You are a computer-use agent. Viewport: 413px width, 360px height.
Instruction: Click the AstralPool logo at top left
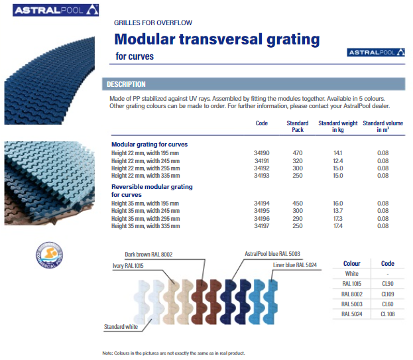(56, 10)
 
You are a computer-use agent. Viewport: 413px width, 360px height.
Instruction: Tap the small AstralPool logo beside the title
(376, 52)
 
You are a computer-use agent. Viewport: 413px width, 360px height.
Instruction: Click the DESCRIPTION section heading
(126, 84)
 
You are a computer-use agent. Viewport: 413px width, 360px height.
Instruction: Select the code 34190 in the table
(262, 153)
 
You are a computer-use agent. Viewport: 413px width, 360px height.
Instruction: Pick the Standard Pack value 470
(298, 153)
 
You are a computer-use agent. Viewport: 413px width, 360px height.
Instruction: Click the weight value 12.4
(337, 161)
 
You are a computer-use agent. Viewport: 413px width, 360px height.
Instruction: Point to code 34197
(262, 226)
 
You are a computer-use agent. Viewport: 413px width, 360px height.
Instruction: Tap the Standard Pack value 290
(298, 219)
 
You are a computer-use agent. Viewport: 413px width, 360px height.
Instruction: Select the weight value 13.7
(337, 211)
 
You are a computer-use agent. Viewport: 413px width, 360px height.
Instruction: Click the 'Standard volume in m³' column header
(383, 127)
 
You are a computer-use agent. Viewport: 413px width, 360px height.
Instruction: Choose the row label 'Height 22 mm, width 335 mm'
(145, 176)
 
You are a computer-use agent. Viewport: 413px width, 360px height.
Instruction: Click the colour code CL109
(387, 294)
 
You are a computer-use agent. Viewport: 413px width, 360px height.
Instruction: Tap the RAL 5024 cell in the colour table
(351, 314)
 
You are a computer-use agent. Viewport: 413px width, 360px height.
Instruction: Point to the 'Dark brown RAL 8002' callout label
(148, 255)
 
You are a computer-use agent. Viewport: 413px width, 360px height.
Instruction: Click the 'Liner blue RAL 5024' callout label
(295, 265)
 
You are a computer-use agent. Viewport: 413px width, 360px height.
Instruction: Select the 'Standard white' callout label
(121, 327)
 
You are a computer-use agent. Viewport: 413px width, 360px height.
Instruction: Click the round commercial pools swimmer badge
(49, 255)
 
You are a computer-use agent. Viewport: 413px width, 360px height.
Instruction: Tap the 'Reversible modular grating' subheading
(152, 187)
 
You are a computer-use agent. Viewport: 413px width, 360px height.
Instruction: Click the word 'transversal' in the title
(221, 39)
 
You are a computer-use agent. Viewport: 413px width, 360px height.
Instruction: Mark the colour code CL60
(387, 304)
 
